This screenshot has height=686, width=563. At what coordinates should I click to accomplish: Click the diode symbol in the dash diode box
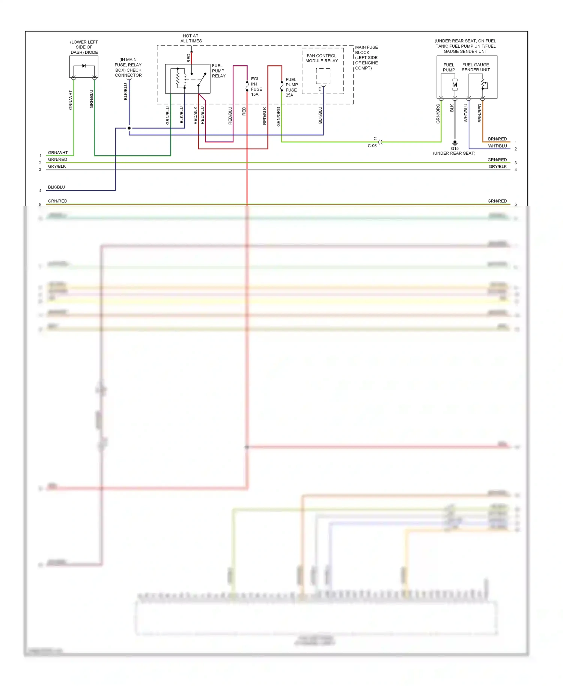tap(84, 66)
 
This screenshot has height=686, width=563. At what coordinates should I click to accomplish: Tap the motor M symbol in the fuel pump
tap(455, 85)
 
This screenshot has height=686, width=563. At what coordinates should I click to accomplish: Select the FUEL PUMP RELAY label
tap(218, 71)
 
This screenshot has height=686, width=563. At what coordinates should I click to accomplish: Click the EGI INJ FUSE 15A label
tap(256, 87)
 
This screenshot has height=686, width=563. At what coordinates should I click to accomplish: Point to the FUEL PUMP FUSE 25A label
tap(291, 87)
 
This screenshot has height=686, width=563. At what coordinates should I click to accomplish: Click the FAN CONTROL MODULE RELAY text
tap(322, 58)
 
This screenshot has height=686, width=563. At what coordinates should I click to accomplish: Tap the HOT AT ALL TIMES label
tap(191, 38)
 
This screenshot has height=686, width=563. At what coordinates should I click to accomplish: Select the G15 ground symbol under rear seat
tap(455, 143)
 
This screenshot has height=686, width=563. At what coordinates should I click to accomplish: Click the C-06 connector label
tap(372, 146)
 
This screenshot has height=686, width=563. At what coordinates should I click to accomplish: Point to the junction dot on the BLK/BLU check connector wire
tap(129, 128)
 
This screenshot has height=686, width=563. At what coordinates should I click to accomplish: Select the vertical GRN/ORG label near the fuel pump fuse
tap(278, 116)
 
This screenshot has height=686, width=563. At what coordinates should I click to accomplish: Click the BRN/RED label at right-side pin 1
tap(497, 139)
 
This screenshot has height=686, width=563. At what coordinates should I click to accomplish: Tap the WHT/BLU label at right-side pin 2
tap(497, 146)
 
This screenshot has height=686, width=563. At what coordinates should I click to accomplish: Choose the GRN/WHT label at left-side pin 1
tap(58, 153)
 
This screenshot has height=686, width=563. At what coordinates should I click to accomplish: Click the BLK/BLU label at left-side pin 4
tap(56, 187)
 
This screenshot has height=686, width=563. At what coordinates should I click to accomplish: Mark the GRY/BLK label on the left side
tap(57, 166)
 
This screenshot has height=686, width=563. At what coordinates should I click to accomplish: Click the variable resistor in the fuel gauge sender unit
tap(484, 85)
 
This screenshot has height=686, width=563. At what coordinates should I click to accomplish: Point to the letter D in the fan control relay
tap(320, 89)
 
